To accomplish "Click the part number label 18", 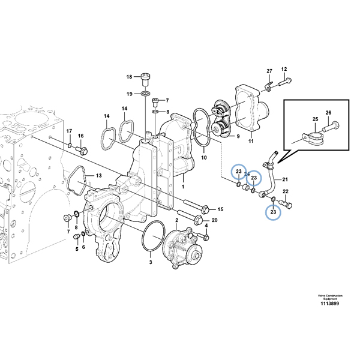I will (x=128, y=77).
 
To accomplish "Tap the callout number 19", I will (x=128, y=94).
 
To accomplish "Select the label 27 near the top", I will (x=269, y=71).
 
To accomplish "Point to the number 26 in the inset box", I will (x=328, y=113).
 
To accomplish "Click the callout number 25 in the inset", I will (x=314, y=120).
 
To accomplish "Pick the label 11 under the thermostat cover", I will (x=251, y=142).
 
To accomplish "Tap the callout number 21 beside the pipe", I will (x=285, y=179).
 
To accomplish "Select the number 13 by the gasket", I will (x=99, y=176).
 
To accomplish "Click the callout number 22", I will (x=286, y=191).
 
